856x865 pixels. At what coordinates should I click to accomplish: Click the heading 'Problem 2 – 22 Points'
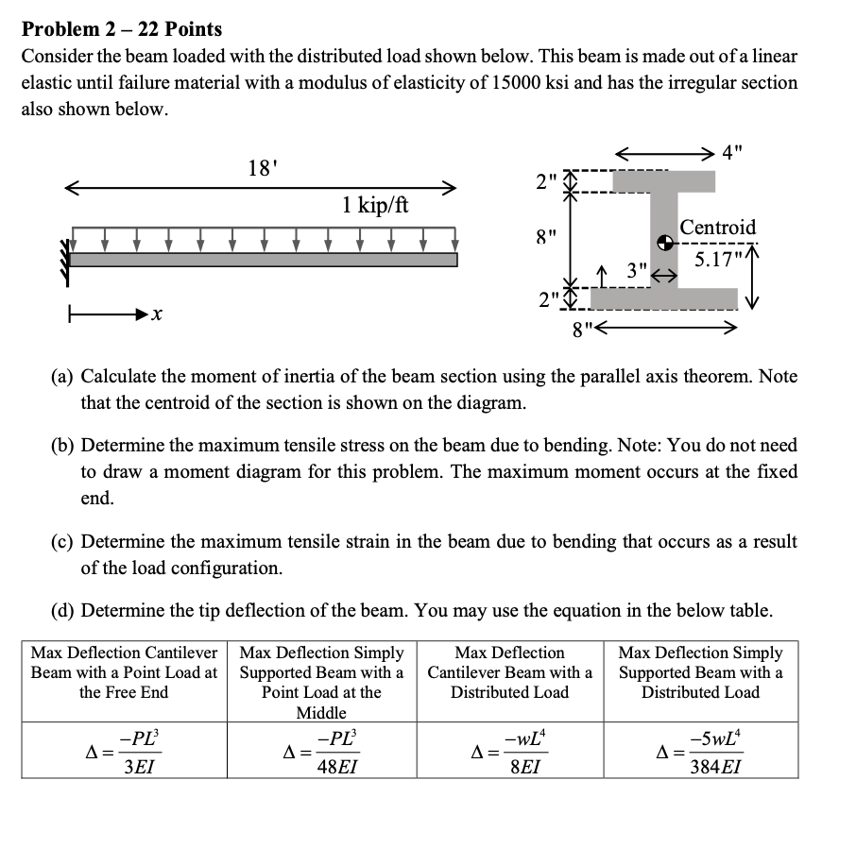[x=122, y=29]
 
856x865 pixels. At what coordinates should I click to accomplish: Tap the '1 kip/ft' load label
[x=375, y=205]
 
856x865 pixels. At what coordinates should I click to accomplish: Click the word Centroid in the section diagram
[x=718, y=228]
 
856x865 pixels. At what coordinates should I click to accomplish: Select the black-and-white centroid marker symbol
[x=667, y=244]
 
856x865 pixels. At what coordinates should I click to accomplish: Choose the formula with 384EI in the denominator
[x=701, y=752]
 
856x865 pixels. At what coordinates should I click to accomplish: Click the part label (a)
[x=64, y=377]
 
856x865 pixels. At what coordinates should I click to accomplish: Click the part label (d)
[x=64, y=611]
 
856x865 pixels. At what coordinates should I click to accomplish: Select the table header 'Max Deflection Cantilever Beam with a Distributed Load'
[x=510, y=672]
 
